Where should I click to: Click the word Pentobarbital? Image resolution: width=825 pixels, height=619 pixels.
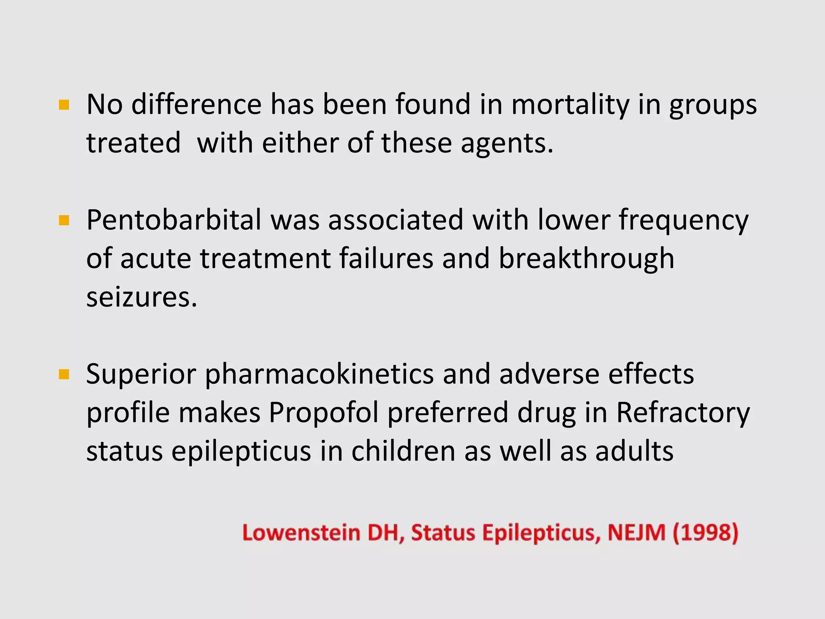[x=174, y=220]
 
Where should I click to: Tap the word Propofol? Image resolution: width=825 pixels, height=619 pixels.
[x=323, y=413]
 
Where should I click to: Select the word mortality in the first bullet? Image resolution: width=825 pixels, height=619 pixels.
[x=570, y=104]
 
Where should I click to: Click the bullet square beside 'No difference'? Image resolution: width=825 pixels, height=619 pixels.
[x=64, y=105]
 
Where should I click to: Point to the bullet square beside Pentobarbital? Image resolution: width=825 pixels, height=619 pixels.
[x=64, y=221]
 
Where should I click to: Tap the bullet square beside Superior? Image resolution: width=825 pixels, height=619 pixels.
[x=64, y=375]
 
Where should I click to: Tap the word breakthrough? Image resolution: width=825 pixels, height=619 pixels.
[x=586, y=259]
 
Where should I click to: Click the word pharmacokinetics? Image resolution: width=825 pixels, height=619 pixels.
[x=319, y=374]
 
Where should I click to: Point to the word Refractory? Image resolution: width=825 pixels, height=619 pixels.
[x=683, y=413]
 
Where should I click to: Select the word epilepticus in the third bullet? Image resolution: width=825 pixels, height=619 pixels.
[x=241, y=451]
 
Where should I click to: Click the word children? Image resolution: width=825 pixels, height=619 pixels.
[x=403, y=451]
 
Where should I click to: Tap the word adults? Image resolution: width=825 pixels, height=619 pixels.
[x=634, y=451]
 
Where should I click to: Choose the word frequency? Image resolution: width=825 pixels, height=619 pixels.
[x=683, y=221]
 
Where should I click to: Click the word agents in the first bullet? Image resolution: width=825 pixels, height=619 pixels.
[x=507, y=143]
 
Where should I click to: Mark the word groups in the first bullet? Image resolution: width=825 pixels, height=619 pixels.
[x=713, y=105]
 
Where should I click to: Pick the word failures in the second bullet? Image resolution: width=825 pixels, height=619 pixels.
[x=386, y=259]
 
